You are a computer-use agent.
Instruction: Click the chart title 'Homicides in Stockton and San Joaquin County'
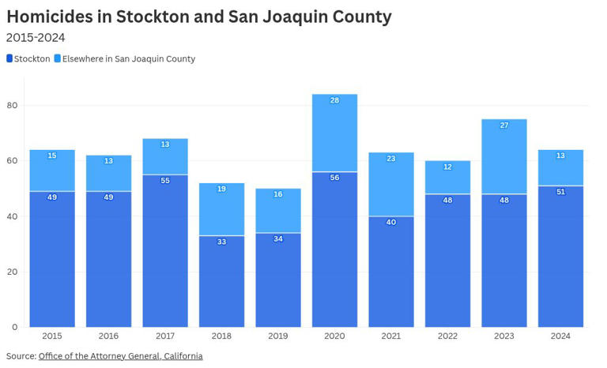[198, 17]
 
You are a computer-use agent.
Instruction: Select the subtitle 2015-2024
[35, 38]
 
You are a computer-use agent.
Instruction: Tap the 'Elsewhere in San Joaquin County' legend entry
[125, 59]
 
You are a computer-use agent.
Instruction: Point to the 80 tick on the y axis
[12, 106]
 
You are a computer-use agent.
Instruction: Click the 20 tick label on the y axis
[12, 272]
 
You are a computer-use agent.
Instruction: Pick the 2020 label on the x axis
[334, 336]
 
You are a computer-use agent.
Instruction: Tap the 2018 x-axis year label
[221, 336]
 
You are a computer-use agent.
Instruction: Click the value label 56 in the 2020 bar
[334, 178]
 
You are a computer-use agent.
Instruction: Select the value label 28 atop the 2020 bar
[334, 101]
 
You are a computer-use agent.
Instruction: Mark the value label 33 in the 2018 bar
[221, 242]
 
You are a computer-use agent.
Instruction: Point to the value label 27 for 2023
[504, 126]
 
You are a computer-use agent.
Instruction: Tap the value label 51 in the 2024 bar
[560, 192]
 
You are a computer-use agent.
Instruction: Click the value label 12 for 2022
[447, 167]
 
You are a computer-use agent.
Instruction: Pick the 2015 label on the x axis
[52, 336]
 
